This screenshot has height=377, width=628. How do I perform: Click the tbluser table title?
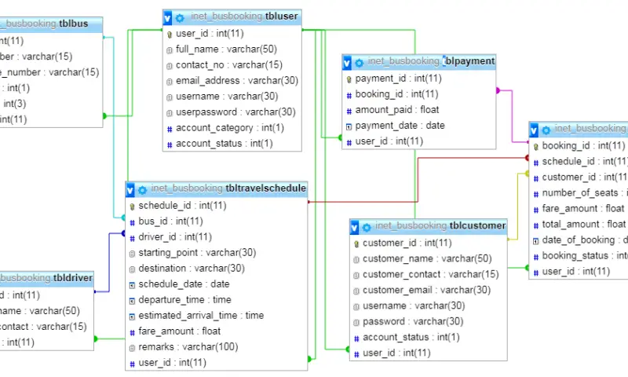pos(235,16)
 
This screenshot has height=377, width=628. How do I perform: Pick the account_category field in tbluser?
pos(225,128)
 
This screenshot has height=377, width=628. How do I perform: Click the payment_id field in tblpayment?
pos(398,79)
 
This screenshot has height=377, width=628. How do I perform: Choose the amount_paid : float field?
pos(396,110)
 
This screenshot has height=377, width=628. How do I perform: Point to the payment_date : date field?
pos(400,126)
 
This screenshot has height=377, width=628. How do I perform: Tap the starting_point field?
pos(197,252)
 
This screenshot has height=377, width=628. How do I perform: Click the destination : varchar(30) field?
pos(192,268)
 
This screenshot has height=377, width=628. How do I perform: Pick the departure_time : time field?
pos(184,299)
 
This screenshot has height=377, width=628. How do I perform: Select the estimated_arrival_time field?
pos(201,315)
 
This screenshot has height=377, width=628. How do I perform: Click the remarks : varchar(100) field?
pos(188,346)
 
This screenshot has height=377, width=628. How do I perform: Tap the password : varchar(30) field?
pos(412,321)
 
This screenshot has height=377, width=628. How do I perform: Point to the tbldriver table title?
pos(47,278)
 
